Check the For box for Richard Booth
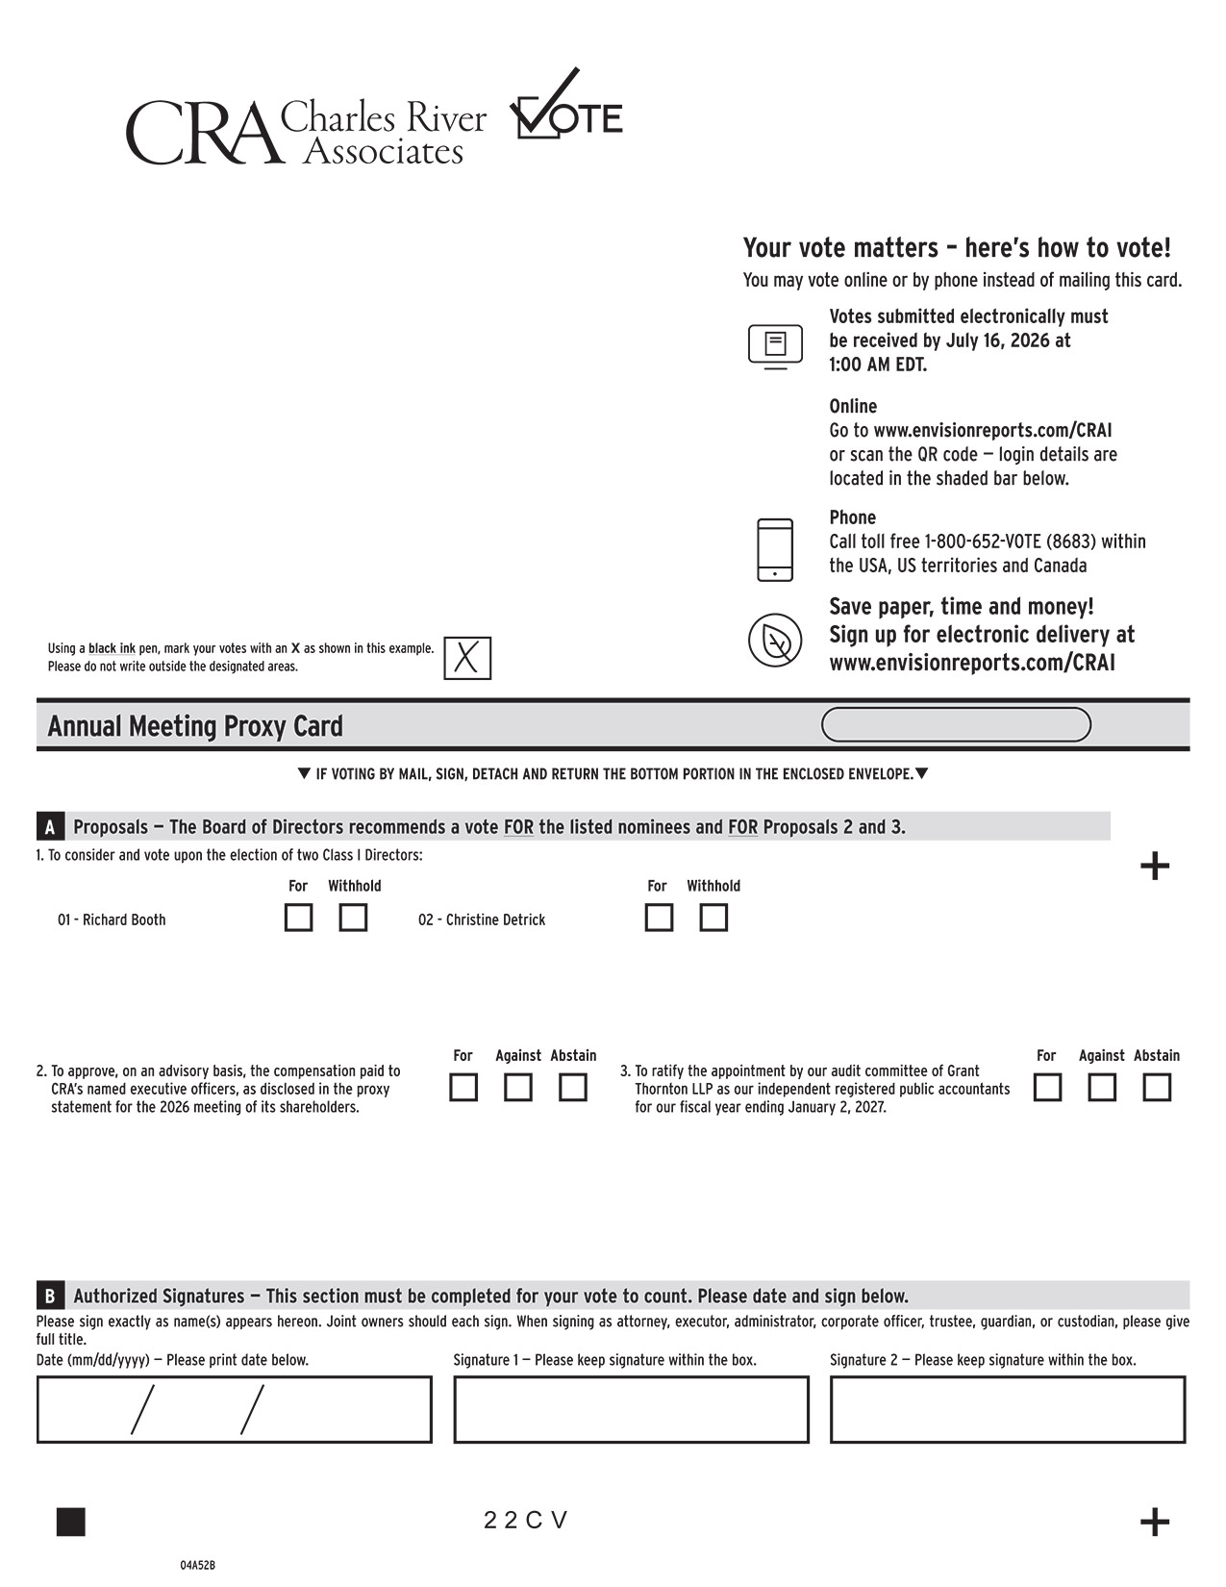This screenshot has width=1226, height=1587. coord(298,918)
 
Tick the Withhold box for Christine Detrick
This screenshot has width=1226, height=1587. coord(713,918)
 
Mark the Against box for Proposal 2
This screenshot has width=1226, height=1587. coord(518,1088)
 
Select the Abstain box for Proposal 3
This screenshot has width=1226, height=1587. coord(1157,1088)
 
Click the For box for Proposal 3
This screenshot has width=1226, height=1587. coord(1047,1088)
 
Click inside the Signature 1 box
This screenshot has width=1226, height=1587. coord(631,1410)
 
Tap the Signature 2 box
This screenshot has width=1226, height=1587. coord(1007,1410)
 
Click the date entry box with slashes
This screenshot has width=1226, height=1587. coord(234,1410)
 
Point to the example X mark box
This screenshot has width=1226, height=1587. coord(467,659)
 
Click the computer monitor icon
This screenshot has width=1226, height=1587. coord(775,345)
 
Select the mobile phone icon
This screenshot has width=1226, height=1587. coord(775,550)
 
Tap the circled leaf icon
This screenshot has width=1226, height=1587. coord(775,640)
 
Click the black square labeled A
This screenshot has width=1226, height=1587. coord(50,827)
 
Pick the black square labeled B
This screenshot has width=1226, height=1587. coord(50,1296)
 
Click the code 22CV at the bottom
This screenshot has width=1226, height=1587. coord(526,1521)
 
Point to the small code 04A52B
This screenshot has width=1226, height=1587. coord(197,1565)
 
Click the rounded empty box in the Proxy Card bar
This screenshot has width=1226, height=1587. coord(956,725)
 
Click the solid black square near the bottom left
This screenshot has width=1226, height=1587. coord(71,1522)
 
